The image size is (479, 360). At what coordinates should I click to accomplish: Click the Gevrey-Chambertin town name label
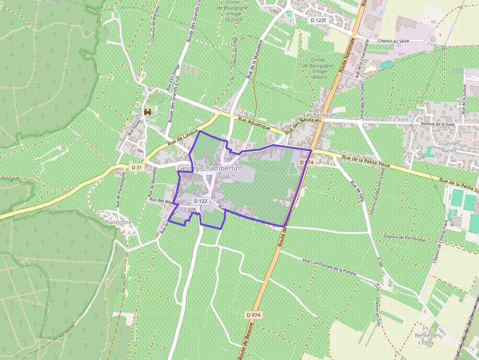[209, 168]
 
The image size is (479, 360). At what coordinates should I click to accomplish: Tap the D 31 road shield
[137, 168]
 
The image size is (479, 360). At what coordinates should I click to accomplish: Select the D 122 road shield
[200, 201]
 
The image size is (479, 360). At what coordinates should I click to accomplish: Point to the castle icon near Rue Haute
[147, 112]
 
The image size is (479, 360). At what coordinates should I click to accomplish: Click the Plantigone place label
[118, 222]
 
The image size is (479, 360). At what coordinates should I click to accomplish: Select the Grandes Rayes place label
[449, 147]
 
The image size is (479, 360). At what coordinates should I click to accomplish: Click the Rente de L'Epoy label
[426, 339]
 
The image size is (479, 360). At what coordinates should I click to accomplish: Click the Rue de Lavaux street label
[182, 137]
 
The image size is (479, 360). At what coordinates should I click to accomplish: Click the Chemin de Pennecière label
[405, 237]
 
